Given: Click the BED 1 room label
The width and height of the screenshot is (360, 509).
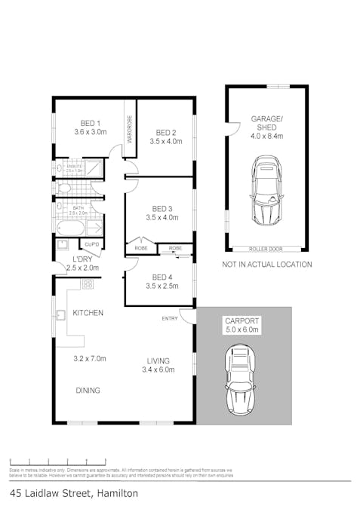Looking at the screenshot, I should click(x=91, y=123).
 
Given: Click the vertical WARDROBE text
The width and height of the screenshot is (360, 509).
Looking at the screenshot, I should click(x=130, y=130).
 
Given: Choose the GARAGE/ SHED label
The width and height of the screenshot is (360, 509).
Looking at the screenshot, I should click(x=266, y=122).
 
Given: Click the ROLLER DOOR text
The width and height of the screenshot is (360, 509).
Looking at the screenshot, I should click(x=265, y=248).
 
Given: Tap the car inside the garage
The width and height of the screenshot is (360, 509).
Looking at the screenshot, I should click(x=266, y=190).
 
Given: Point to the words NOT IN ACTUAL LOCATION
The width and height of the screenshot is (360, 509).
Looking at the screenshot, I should click(x=266, y=265).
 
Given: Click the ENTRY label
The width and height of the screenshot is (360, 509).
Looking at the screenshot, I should click(x=170, y=319).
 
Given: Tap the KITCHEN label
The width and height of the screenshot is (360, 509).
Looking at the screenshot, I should click(x=88, y=313).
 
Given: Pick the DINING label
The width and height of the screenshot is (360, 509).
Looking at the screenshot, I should click(x=88, y=391).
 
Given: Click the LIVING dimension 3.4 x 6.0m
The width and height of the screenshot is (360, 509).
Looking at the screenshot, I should click(x=158, y=369).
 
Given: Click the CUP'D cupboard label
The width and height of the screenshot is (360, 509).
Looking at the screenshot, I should click(x=93, y=244).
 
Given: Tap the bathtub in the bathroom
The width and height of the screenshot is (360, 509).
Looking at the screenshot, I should click(x=72, y=228).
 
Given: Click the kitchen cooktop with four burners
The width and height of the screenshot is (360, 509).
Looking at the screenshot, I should click(x=88, y=284).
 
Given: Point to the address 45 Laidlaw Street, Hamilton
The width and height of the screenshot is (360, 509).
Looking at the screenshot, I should click(x=74, y=493).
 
